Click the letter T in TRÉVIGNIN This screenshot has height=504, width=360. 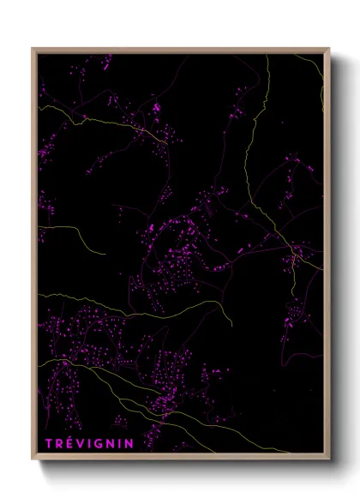49,443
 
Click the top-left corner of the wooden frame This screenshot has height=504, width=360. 33,49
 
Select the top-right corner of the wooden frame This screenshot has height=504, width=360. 329,49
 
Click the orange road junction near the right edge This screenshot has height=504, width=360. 294,252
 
